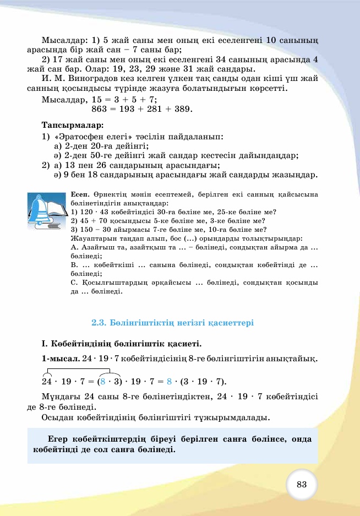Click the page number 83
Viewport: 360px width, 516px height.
coord(301,484)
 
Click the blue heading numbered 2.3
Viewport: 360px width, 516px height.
coord(172,322)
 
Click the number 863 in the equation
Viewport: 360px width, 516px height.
coord(101,109)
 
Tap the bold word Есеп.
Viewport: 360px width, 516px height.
coord(80,194)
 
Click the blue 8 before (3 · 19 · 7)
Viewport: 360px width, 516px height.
coord(170,382)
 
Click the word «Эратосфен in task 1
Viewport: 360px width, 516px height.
coord(82,135)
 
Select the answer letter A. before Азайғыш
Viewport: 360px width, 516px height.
coord(74,247)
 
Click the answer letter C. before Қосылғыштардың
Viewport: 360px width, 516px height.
coord(74,283)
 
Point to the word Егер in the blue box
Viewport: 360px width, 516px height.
coord(60,439)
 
